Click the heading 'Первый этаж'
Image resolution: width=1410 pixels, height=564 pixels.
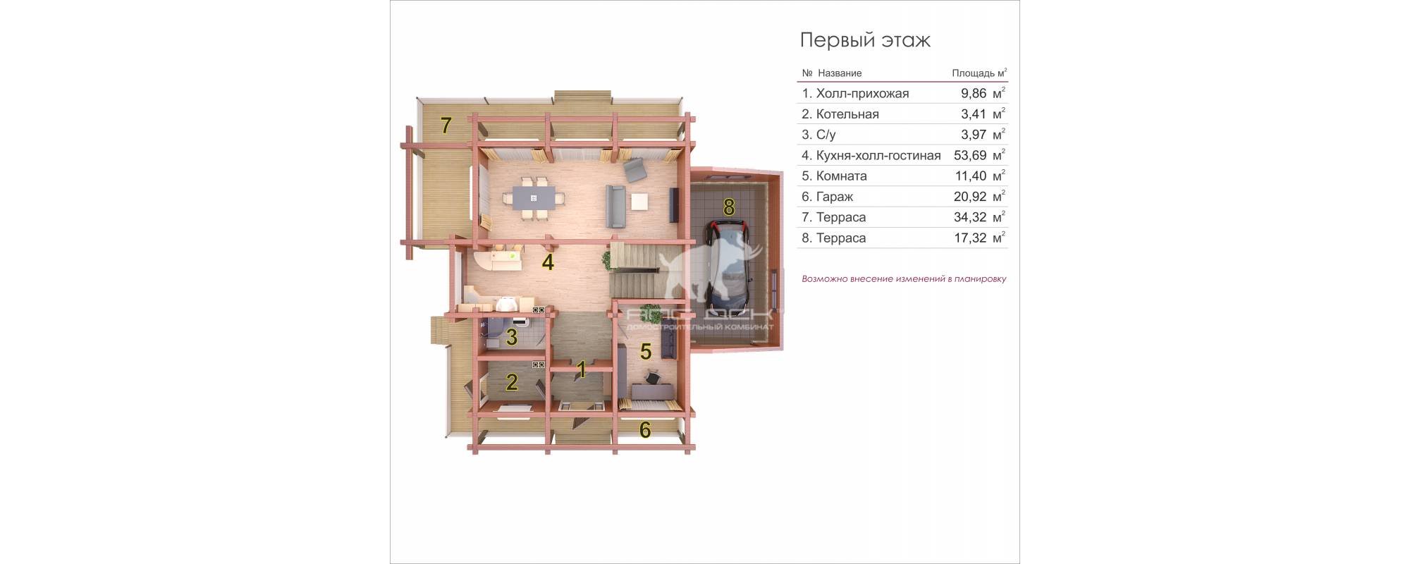click(x=865, y=41)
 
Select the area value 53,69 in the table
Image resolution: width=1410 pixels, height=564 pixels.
click(x=970, y=155)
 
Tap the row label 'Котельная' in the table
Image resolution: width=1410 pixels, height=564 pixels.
click(x=847, y=114)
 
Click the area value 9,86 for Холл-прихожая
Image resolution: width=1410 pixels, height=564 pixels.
click(x=974, y=93)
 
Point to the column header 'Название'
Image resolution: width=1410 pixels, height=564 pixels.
click(x=840, y=73)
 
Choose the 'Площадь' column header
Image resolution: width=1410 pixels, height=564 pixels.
click(x=974, y=73)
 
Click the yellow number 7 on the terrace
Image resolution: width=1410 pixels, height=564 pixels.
click(x=446, y=125)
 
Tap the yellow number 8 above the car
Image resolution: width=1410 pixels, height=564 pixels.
click(x=729, y=207)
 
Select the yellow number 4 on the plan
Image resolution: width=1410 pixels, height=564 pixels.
click(x=548, y=263)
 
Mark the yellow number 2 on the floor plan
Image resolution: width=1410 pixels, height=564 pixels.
click(x=512, y=382)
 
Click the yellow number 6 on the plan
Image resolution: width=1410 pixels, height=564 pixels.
click(x=645, y=429)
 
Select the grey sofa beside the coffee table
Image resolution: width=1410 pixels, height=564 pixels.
click(x=615, y=205)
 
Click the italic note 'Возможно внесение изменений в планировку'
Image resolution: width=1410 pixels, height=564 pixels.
click(x=904, y=279)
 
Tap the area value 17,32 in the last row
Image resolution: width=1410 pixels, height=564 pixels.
click(x=970, y=238)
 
